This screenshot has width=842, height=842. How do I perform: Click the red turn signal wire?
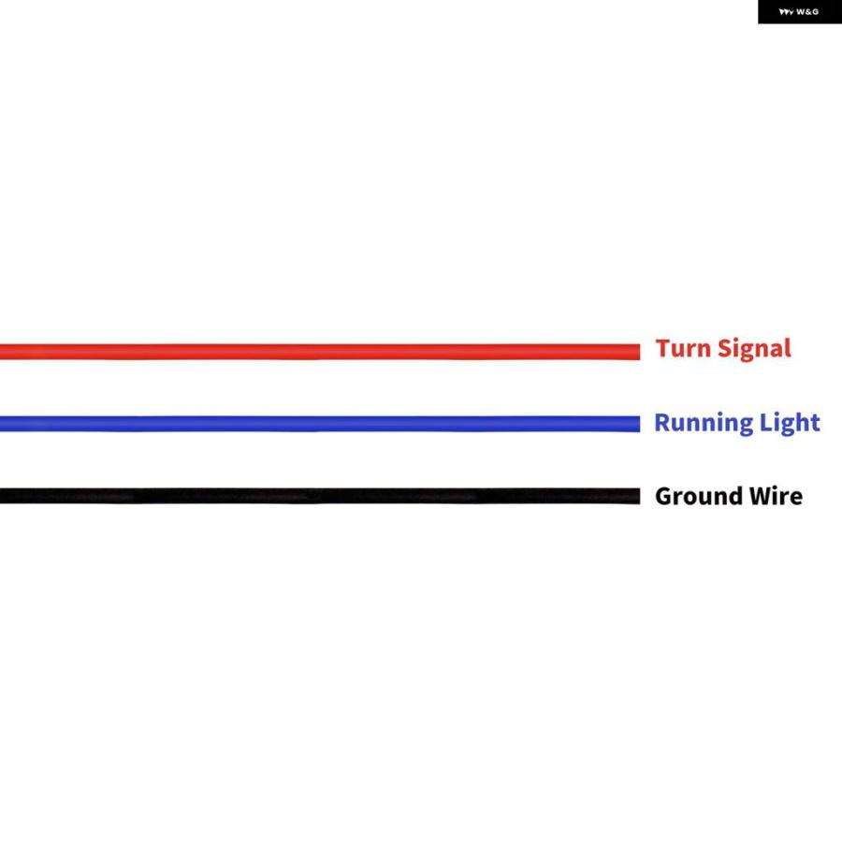click(320, 352)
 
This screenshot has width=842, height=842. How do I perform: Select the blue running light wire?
click(320, 424)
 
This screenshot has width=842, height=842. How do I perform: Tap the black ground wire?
click(320, 496)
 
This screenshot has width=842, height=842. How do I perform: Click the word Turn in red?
click(683, 349)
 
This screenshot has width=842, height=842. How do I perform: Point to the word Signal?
click(754, 350)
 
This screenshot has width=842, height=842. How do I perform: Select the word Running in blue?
click(704, 424)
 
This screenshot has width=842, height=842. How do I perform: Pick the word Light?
click(790, 423)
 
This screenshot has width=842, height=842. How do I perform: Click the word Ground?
click(699, 496)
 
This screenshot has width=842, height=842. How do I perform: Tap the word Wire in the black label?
click(776, 496)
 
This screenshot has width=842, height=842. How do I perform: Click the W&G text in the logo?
click(807, 12)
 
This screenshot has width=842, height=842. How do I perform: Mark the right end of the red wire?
click(640, 352)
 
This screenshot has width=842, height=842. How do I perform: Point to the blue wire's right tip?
click(640, 424)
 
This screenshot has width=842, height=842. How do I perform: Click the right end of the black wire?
click(640, 496)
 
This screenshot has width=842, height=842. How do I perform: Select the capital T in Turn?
click(663, 349)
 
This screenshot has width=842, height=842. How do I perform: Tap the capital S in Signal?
click(725, 349)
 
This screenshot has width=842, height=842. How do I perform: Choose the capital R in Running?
click(662, 423)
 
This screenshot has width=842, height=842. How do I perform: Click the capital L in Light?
click(765, 422)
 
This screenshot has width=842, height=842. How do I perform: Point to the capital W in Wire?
click(761, 496)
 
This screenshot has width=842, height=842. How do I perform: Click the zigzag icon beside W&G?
click(787, 12)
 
